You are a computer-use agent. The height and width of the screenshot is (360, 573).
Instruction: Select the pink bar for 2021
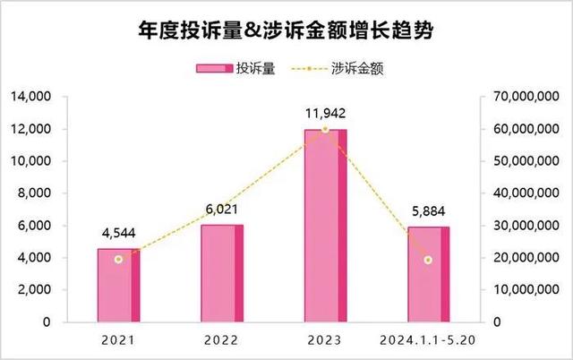click(x=118, y=285)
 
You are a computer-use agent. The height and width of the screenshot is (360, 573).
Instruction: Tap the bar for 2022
click(x=221, y=273)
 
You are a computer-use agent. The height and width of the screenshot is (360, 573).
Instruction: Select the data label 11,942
click(x=324, y=114)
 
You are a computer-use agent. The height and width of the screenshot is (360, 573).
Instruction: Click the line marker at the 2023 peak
click(x=325, y=130)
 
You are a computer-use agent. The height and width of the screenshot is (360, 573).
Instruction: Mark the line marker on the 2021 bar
click(x=118, y=259)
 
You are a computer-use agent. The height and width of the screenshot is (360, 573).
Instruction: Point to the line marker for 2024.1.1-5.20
click(x=428, y=260)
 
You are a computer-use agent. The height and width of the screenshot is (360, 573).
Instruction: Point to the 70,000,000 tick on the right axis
click(x=526, y=97)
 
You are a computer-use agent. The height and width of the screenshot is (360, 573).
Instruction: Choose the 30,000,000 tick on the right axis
click(x=526, y=226)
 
